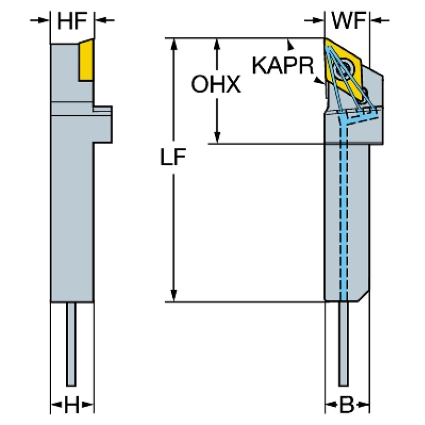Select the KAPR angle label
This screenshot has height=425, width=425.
pos(283,65)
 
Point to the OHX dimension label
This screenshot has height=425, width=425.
pos(216,85)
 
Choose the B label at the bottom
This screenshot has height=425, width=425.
pos(346,406)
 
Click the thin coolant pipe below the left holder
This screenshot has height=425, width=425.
pos(71,344)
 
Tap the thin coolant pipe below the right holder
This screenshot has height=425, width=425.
pos(344,344)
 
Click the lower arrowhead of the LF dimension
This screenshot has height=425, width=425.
pos(174,296)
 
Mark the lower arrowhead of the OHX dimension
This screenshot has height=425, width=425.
pos(217,138)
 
